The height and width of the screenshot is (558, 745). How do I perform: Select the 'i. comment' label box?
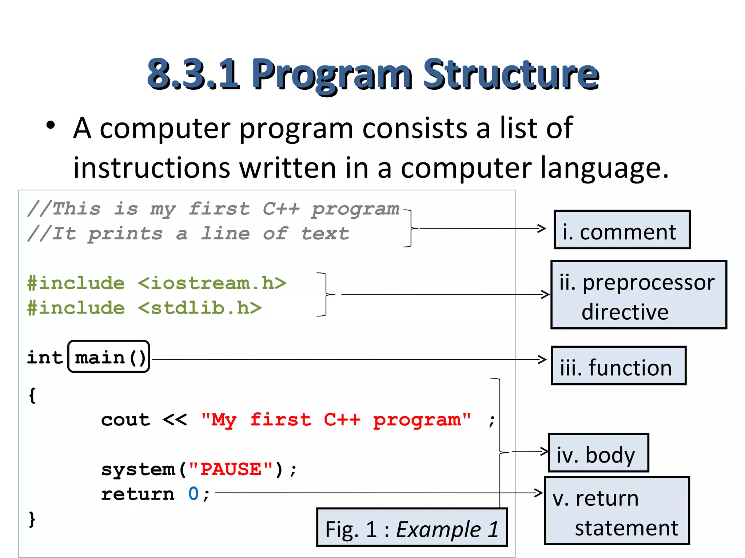pos(622,230)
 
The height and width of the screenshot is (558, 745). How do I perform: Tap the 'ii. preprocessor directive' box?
pos(638,295)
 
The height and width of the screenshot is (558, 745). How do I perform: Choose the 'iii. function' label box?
pos(618,365)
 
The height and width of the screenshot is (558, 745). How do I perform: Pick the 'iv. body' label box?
pos(598,453)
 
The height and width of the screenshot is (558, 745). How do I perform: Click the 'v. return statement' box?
pos(617,510)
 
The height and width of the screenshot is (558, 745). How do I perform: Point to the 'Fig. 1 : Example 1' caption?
pos(412,527)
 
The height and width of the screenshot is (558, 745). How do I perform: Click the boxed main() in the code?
pos(109,357)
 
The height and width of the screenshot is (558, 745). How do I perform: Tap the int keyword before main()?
pos(45,357)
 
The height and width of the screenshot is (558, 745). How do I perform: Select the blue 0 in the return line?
pos(193,494)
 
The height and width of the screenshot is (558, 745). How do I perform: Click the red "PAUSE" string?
pos(231,469)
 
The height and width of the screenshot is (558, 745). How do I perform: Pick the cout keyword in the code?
pos(126,420)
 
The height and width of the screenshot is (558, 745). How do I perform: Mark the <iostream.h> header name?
pos(212,283)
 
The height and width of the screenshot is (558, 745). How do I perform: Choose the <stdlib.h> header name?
pos(199,308)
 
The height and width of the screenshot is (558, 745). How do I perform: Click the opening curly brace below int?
pos(32,395)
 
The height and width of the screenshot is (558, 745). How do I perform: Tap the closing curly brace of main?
pos(32,518)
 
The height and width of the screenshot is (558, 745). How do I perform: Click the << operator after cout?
pos(175,420)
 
